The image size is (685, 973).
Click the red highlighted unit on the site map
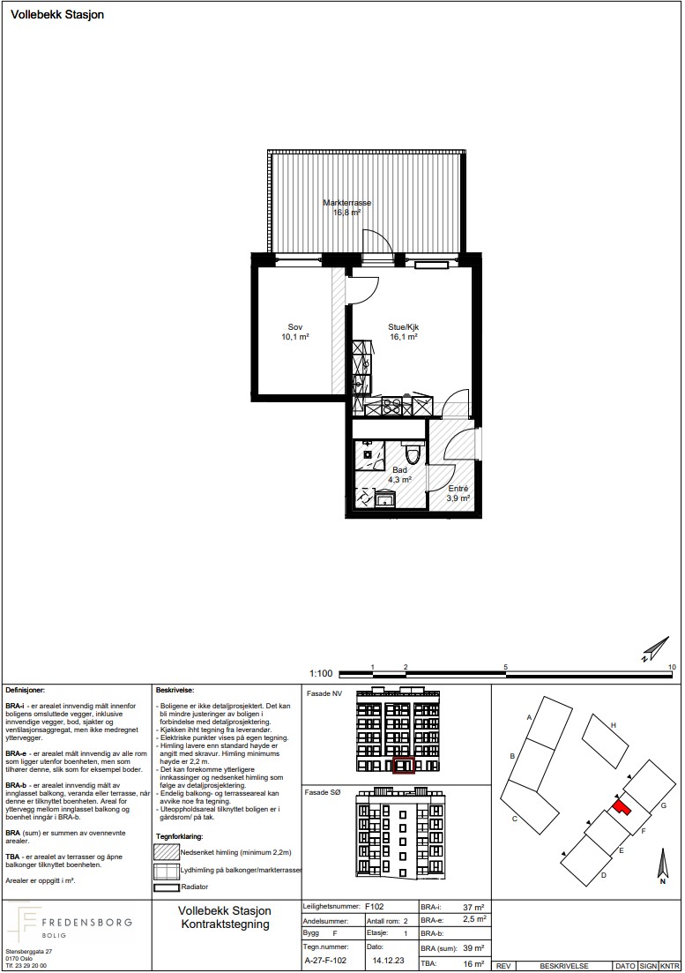[x=621, y=807]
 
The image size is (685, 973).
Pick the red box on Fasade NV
[x=404, y=766]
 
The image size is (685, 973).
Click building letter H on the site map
[x=613, y=725]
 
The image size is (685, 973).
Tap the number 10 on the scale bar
[x=672, y=667]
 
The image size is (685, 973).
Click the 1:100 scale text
[x=321, y=673]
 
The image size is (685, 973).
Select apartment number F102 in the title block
[x=375, y=907]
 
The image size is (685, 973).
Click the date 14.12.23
[x=385, y=960]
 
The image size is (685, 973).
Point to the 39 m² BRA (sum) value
[x=473, y=948]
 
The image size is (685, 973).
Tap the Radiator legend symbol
[x=166, y=887]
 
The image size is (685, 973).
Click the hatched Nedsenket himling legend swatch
[x=166, y=853]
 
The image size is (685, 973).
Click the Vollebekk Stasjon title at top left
[x=57, y=14]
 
